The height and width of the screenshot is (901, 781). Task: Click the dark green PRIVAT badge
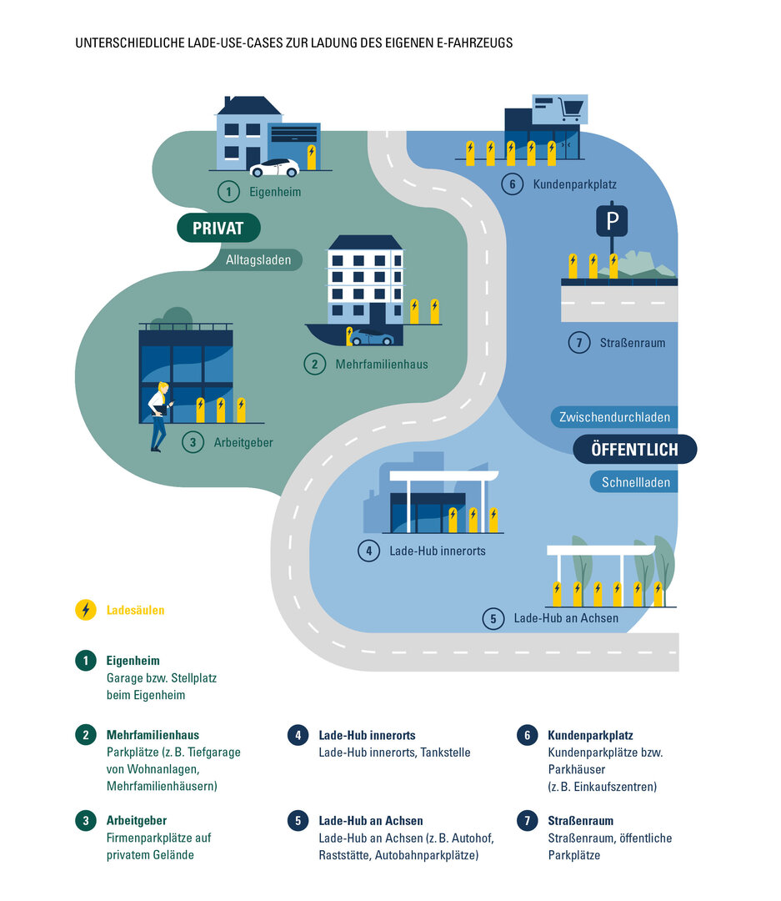[219, 228]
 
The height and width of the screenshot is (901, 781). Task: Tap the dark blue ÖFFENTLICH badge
[634, 449]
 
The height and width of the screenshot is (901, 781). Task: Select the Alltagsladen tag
[258, 260]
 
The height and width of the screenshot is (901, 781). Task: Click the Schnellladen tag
[635, 482]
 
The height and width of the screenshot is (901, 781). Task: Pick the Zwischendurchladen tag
[615, 416]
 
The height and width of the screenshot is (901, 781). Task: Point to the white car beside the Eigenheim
[274, 168]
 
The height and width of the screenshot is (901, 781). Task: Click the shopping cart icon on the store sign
[570, 108]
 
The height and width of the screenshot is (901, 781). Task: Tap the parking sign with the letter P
[613, 221]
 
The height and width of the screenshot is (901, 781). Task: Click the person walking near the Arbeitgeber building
[158, 416]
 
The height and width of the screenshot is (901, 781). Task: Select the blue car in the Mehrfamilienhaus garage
[372, 338]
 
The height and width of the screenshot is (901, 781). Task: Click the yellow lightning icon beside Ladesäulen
[85, 610]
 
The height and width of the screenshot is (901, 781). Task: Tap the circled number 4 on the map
[368, 551]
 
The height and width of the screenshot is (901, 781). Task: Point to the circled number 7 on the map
[578, 342]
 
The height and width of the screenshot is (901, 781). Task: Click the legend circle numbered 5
[297, 821]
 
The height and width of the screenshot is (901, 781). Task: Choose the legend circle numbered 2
[85, 735]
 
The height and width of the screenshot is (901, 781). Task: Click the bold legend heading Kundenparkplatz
[590, 736]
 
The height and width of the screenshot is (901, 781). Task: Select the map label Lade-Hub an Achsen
[566, 618]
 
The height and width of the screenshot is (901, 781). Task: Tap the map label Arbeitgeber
[243, 443]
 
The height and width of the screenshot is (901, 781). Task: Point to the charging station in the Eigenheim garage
[312, 157]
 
